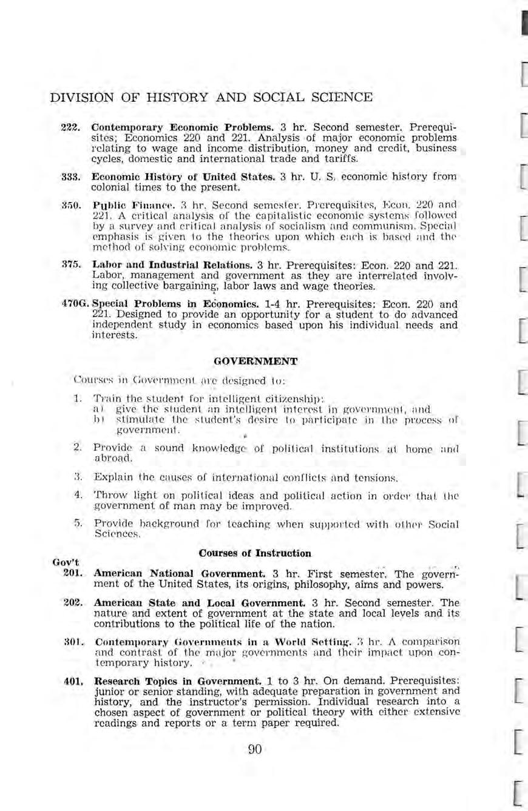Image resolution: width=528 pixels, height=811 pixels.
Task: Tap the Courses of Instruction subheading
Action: tap(255, 553)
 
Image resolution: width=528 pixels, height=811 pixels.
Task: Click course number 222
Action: tap(70, 130)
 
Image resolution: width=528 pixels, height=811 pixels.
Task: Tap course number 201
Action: tap(71, 574)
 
